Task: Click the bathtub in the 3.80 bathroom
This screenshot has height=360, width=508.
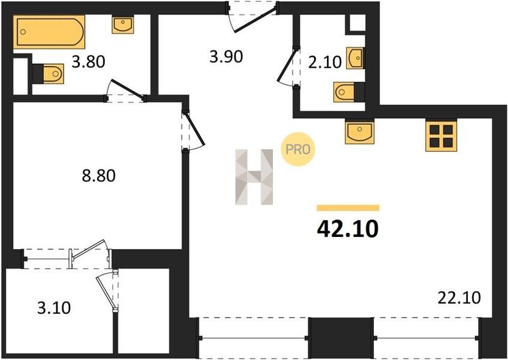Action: (x=49, y=32)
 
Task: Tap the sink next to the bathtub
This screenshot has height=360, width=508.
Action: (x=123, y=25)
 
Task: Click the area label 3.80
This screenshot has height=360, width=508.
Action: (x=88, y=62)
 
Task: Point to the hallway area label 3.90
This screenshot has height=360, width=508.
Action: (x=226, y=57)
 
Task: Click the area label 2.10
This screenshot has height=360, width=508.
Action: (x=325, y=62)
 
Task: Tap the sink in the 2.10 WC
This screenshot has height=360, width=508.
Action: (x=354, y=58)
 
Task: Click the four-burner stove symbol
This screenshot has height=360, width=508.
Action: (x=441, y=136)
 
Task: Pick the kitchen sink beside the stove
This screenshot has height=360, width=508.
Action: (x=360, y=132)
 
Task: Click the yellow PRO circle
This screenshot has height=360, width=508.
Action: (x=297, y=149)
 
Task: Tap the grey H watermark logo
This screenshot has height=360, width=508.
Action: (x=254, y=177)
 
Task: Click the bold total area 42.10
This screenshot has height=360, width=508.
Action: (x=348, y=229)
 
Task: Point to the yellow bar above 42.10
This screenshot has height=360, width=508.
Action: (x=348, y=208)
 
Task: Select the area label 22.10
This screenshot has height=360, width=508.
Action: (x=459, y=298)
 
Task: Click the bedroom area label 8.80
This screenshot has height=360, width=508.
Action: (x=98, y=176)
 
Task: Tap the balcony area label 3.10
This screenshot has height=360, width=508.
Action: (x=54, y=308)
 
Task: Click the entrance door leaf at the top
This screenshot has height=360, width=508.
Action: (x=255, y=18)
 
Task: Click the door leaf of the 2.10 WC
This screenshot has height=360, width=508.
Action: (x=287, y=64)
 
